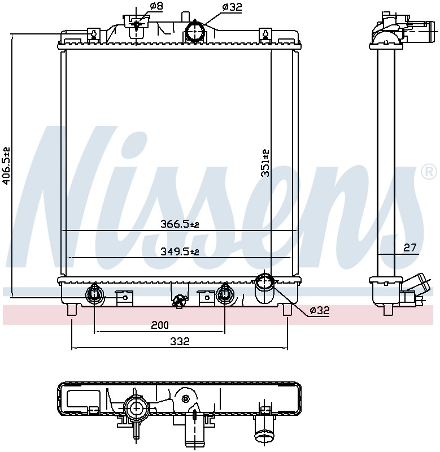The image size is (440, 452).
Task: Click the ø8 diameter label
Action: (x=156, y=6)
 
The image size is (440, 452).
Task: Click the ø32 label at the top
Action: (x=232, y=7)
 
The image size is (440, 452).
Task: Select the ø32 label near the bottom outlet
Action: (x=319, y=310)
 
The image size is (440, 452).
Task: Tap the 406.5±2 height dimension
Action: (x=6, y=165)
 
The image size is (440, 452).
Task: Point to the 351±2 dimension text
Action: (x=265, y=163)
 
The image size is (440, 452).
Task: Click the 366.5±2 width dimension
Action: (x=180, y=224)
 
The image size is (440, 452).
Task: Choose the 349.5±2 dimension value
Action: (x=180, y=251)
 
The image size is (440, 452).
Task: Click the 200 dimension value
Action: (x=160, y=325)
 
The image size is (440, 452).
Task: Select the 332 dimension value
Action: (x=180, y=341)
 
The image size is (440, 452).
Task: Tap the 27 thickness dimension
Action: (x=409, y=247)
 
